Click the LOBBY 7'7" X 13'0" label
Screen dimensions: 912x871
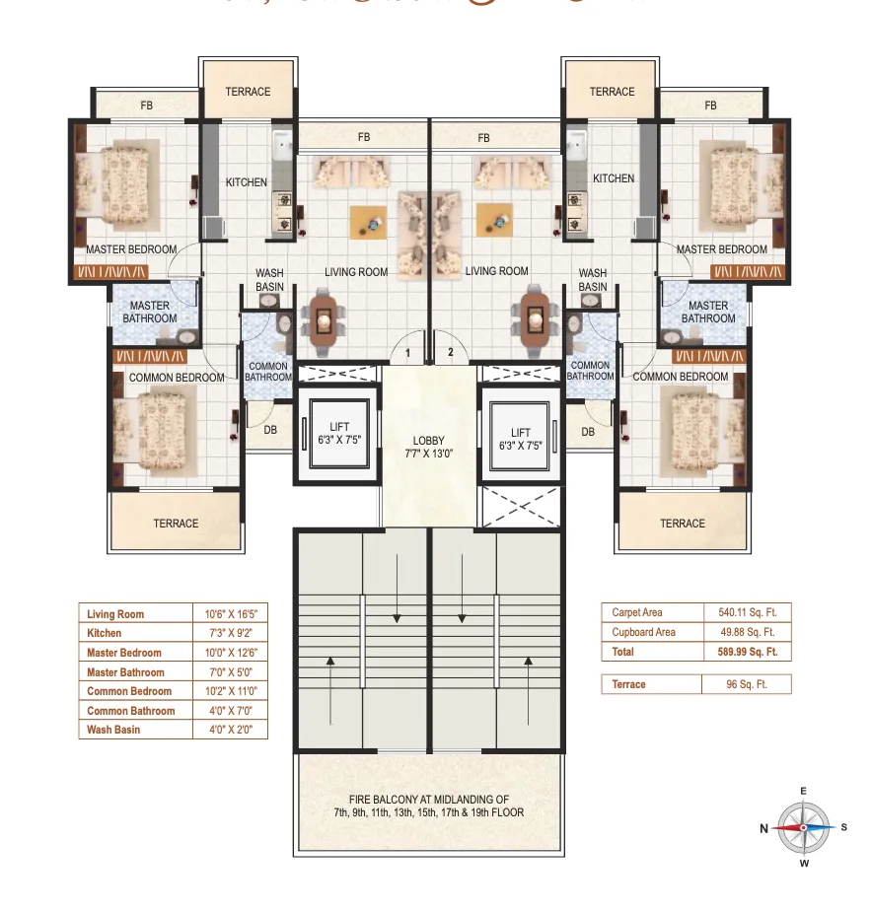tap(429, 448)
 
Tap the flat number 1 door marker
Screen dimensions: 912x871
tap(406, 352)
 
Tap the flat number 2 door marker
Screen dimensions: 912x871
tap(451, 352)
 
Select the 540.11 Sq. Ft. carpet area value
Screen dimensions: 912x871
tap(747, 612)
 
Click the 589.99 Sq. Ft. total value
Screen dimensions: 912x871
tap(747, 652)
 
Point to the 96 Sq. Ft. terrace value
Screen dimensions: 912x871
tap(747, 684)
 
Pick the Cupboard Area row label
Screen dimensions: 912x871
tap(643, 632)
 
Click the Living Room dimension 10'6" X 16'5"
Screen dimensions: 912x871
tap(230, 614)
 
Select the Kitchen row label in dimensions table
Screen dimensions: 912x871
tap(105, 633)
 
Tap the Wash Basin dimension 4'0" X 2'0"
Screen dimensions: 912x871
tap(230, 730)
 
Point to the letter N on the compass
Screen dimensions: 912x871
tap(763, 829)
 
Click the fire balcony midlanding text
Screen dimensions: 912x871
tap(428, 807)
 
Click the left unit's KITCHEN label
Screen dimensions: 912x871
tap(246, 182)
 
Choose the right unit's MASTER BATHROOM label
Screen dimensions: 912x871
tap(708, 313)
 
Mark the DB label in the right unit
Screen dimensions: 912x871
tap(588, 432)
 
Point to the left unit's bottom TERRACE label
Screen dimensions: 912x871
tap(176, 524)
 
